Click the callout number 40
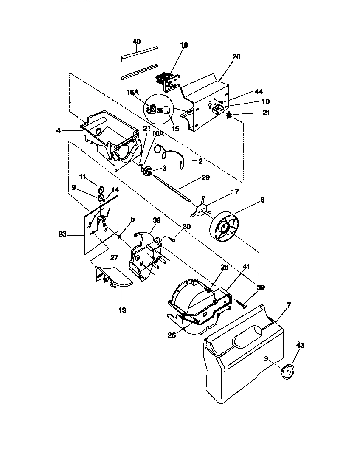(136, 42)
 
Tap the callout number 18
(184, 45)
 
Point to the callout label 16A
(132, 92)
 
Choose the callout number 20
(236, 57)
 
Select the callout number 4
(58, 130)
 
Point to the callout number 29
(205, 177)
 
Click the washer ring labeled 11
(102, 189)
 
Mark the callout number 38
(157, 221)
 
